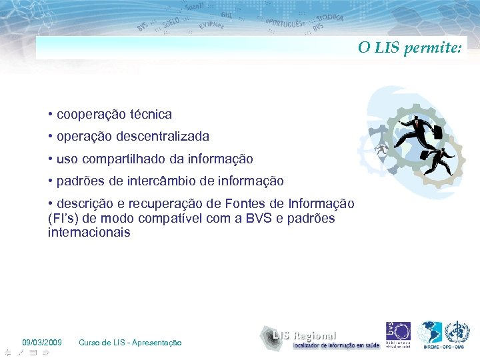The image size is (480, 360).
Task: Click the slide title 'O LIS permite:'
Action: point(409,48)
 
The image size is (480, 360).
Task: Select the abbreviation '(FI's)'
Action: point(65,219)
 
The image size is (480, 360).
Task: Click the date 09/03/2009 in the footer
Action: point(42,343)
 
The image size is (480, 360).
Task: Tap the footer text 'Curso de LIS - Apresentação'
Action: point(130,343)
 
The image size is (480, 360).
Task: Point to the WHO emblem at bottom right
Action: point(457,333)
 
